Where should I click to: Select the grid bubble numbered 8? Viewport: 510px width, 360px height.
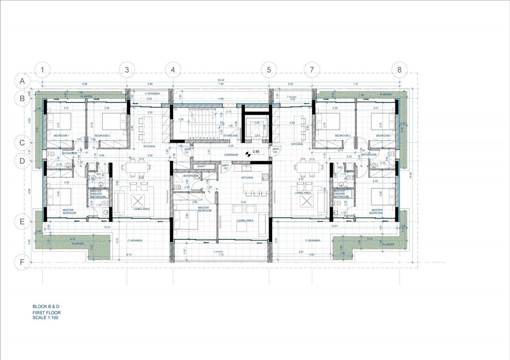399,70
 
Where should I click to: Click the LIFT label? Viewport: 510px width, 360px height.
257,136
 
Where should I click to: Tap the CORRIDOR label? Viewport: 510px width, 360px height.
231,155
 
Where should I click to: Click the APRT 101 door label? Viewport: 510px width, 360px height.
187,151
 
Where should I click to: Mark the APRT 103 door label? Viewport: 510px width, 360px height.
275,151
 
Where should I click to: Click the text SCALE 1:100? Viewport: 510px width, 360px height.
45,318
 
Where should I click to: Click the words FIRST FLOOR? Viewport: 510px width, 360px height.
47,313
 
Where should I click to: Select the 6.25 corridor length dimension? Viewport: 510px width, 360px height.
231,146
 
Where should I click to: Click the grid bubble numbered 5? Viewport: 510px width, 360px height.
269,70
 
